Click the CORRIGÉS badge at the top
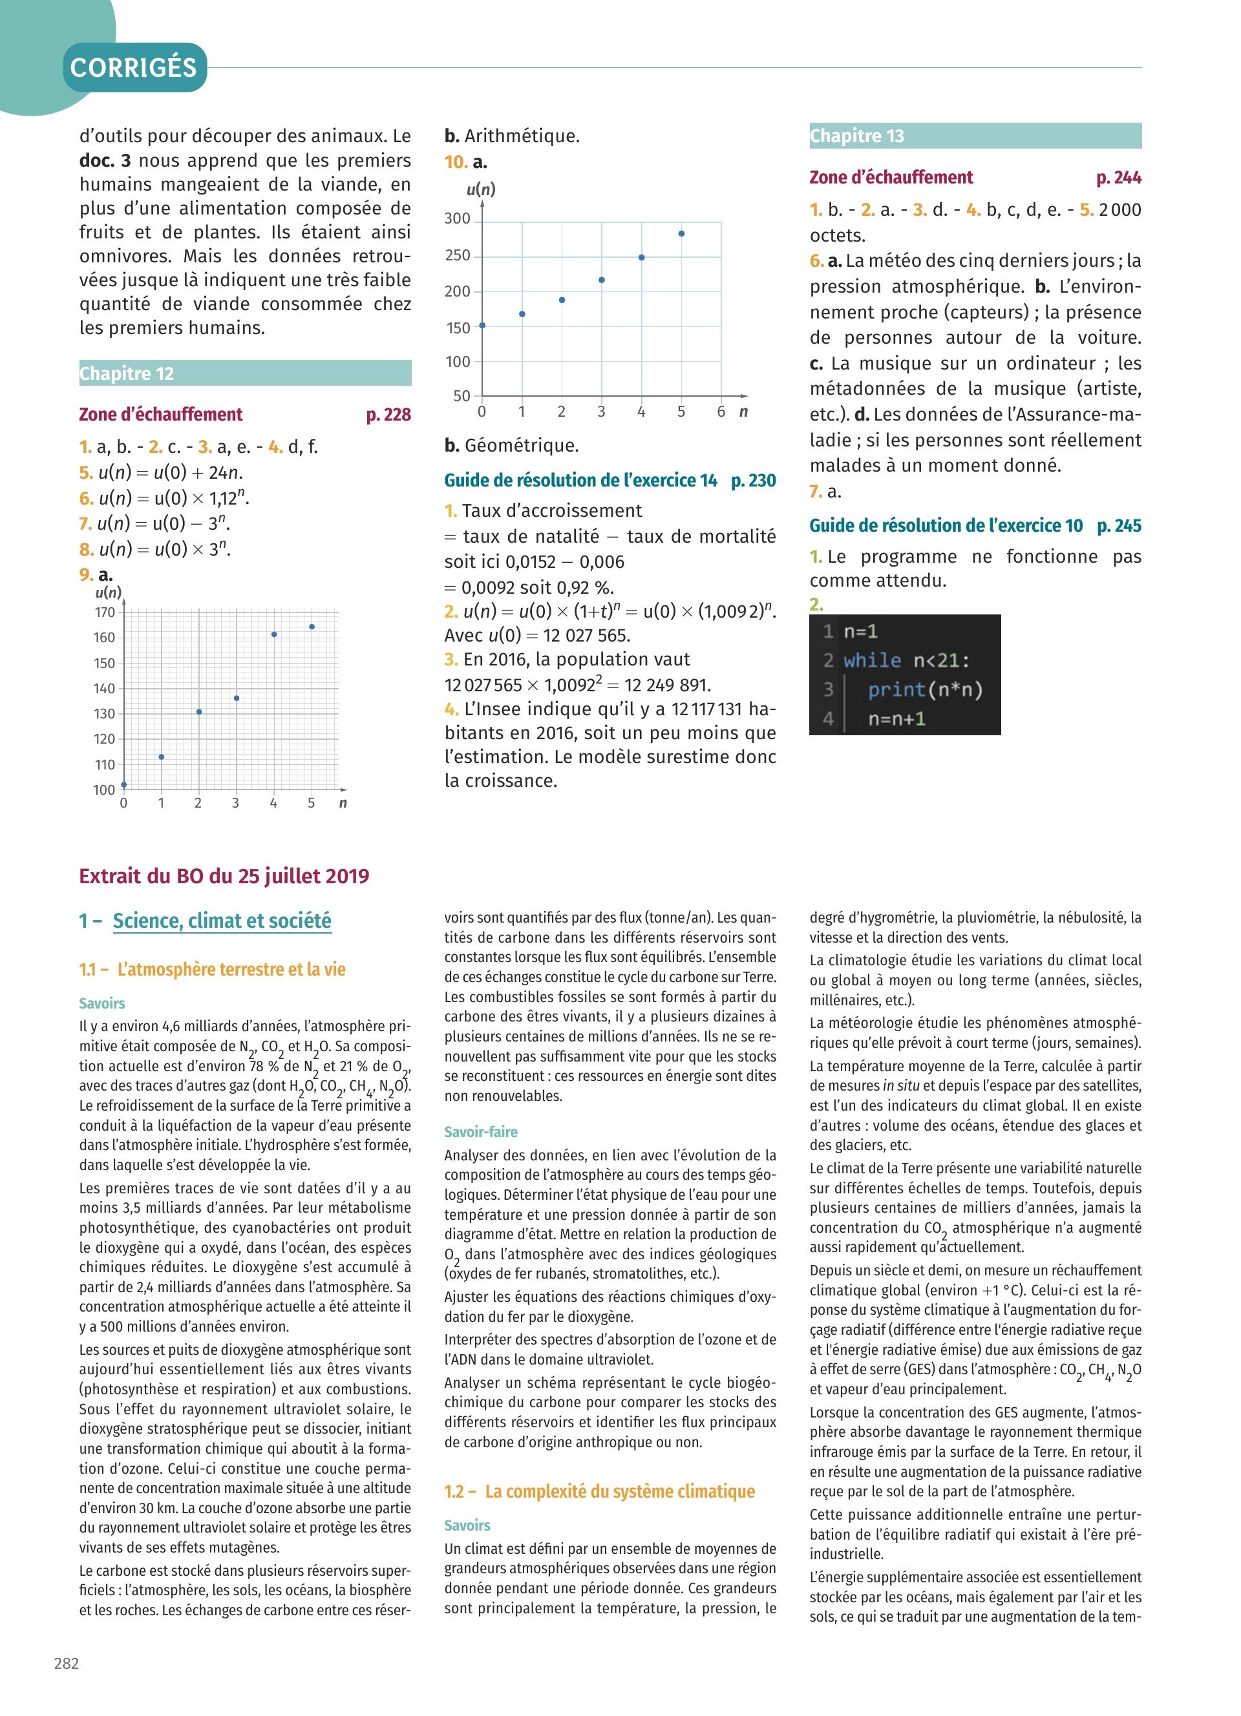pyautogui.click(x=134, y=68)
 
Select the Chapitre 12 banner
pyautogui.click(x=245, y=373)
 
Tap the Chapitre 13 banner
pyautogui.click(x=975, y=136)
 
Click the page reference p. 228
pyautogui.click(x=388, y=415)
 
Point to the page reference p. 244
pyautogui.click(x=1118, y=178)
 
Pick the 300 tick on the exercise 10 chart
pyautogui.click(x=457, y=218)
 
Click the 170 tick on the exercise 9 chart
pyautogui.click(x=105, y=612)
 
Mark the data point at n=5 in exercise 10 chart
pyautogui.click(x=682, y=234)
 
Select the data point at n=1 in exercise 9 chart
pyautogui.click(x=161, y=757)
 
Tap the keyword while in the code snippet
pyautogui.click(x=872, y=660)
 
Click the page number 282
pyautogui.click(x=67, y=1663)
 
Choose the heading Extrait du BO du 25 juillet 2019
pyautogui.click(x=224, y=876)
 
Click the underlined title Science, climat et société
pyautogui.click(x=222, y=921)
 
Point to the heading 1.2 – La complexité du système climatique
pyautogui.click(x=599, y=1491)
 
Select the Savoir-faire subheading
pyautogui.click(x=480, y=1132)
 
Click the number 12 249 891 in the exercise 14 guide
pyautogui.click(x=668, y=685)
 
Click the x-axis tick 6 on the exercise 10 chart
pyautogui.click(x=721, y=412)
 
